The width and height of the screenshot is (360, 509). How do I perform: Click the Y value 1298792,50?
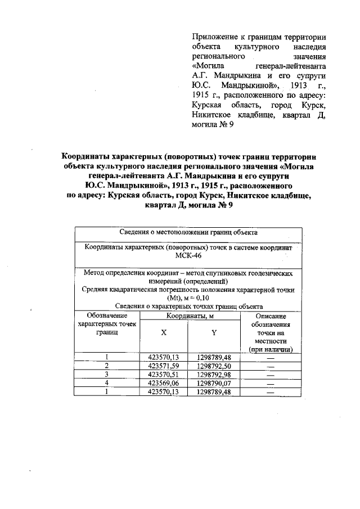coord(214,366)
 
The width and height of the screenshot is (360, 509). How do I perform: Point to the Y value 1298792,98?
coord(214,375)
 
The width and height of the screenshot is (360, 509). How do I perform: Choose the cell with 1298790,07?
coord(214,384)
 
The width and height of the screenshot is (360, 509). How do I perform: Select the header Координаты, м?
coord(189,316)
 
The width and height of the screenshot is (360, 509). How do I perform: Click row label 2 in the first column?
coord(106,366)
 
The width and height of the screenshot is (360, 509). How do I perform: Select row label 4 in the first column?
coord(106,384)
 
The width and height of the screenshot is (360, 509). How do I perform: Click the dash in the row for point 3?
coord(271,375)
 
